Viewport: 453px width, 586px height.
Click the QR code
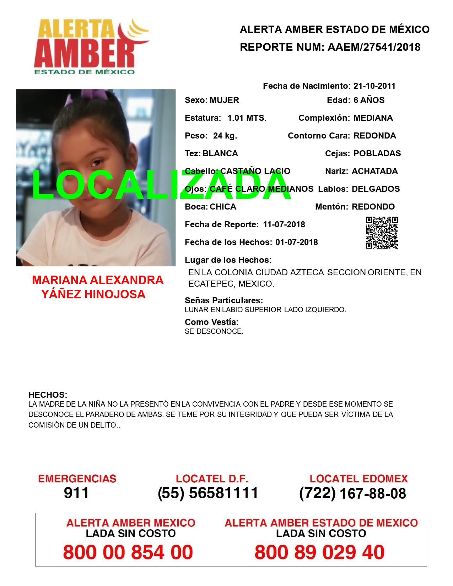click(382, 233)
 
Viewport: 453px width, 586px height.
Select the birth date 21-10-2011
click(374, 86)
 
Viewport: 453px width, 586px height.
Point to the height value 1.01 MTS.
click(247, 118)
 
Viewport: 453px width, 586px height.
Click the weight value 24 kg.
click(225, 136)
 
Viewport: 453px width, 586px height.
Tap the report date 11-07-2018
click(284, 224)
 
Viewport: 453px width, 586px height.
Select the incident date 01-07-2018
click(296, 242)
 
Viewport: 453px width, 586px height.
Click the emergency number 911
click(76, 493)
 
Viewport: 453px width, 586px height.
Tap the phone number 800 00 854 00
click(128, 552)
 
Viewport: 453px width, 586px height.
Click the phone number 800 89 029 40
click(319, 552)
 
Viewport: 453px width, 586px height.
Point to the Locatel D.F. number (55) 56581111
click(208, 493)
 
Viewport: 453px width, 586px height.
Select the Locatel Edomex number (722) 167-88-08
click(352, 493)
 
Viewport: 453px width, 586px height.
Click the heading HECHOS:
click(48, 395)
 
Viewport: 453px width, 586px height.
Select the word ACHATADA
click(374, 171)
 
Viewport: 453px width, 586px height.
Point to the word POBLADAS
click(377, 153)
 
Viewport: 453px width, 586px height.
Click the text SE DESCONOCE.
click(214, 331)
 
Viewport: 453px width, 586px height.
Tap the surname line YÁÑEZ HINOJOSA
click(93, 294)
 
